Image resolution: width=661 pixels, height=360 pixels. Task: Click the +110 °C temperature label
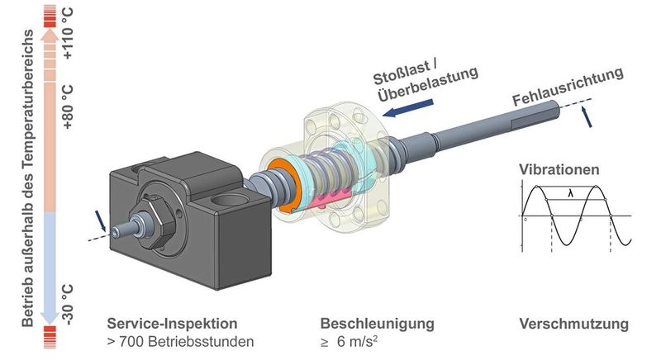coord(68,38)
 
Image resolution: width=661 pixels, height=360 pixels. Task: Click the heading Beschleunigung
coord(376,323)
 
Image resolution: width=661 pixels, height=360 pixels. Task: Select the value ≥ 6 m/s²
coord(354,340)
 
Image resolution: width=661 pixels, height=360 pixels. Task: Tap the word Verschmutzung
coord(573,323)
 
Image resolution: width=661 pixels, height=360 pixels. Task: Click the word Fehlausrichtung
coord(567,88)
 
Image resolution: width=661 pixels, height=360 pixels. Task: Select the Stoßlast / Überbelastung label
coord(425,83)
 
